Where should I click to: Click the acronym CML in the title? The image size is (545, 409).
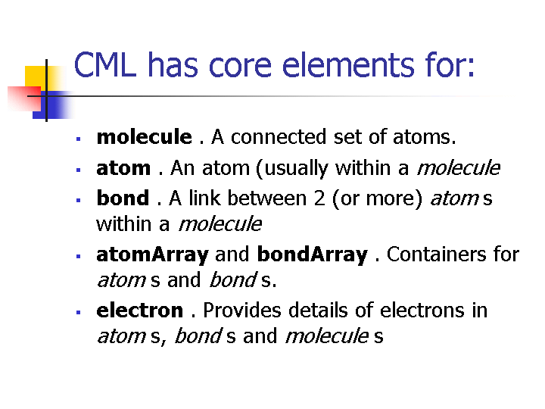(x=105, y=64)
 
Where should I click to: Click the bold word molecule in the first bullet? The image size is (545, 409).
(x=145, y=136)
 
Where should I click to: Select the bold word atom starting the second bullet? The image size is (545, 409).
(x=123, y=168)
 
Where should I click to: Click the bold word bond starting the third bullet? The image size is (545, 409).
(x=123, y=198)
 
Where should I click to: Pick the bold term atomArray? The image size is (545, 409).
(x=153, y=255)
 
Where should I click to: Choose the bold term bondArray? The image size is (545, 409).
(x=312, y=255)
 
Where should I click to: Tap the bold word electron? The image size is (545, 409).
(x=140, y=311)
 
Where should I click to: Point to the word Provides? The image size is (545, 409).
(x=242, y=310)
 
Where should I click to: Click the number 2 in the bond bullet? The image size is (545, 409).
(x=319, y=198)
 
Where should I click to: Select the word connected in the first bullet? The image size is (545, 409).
(x=279, y=136)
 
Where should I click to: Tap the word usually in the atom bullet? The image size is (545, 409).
(x=296, y=169)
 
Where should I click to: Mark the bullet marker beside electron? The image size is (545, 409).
(x=78, y=312)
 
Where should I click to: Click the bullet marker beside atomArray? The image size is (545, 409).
(x=78, y=256)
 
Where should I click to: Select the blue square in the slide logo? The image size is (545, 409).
(x=52, y=105)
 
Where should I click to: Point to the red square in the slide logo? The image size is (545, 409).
(x=24, y=98)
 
